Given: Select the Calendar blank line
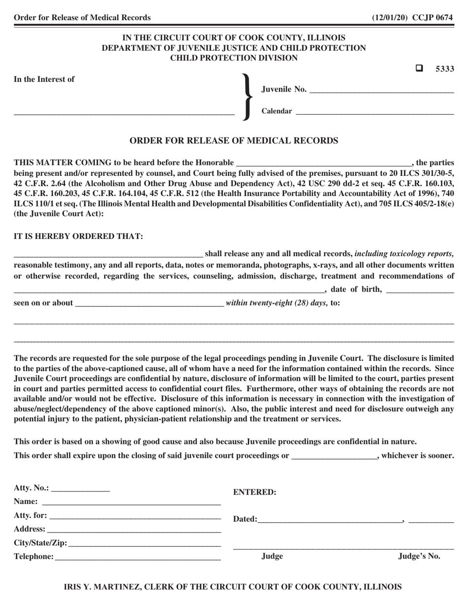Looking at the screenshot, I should click(x=374, y=111).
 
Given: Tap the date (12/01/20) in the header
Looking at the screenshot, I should click(x=389, y=18).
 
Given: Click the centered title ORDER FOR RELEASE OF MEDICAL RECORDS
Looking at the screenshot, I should click(x=234, y=140).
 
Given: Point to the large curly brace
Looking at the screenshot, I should click(x=245, y=97).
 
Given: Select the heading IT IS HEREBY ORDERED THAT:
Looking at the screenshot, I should click(x=79, y=236).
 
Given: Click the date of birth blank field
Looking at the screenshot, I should click(x=420, y=289).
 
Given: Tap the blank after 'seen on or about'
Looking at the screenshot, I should click(x=149, y=303).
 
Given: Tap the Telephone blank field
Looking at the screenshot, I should click(x=137, y=557).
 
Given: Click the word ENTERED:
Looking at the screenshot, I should click(x=254, y=492).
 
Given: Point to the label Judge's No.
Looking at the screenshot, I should click(x=419, y=557).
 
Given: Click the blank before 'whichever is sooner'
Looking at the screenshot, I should click(x=334, y=456).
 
